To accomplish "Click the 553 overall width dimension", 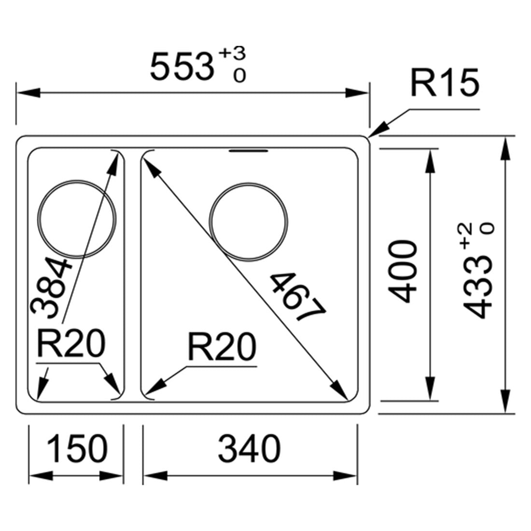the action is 182,66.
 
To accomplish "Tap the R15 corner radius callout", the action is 445,83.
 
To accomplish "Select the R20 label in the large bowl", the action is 222,347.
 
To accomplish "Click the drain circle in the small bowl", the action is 77,219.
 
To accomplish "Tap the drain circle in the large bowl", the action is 249,222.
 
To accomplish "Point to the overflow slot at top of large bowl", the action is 249,151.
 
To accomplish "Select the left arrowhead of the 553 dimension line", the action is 28,93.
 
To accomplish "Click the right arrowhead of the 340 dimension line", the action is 346,475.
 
